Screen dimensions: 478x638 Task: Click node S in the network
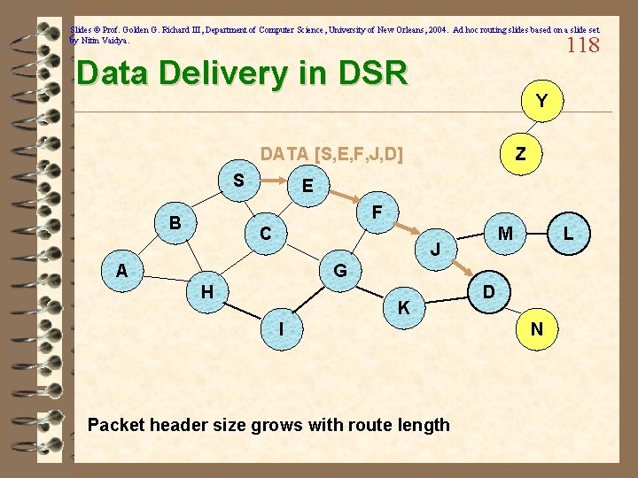pos(238,181)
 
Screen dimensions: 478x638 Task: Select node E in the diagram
pos(307,187)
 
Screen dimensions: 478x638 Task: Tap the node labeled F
pos(377,212)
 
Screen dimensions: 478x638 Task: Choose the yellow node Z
pos(521,154)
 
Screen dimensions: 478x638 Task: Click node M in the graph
pos(505,234)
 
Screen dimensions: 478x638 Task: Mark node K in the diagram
pos(403,308)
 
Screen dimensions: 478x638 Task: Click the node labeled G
pos(339,269)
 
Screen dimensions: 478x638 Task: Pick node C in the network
pos(266,235)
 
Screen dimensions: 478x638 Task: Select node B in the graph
pos(175,222)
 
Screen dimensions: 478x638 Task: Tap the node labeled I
pos(281,329)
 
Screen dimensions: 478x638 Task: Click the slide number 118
pos(582,44)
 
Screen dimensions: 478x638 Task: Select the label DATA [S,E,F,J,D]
pos(331,155)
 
